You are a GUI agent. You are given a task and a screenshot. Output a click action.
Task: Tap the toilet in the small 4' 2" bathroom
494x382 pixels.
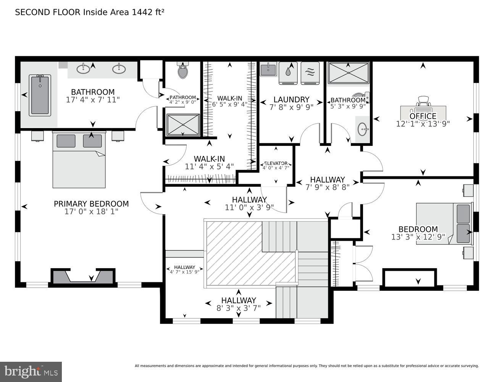coord(183,71)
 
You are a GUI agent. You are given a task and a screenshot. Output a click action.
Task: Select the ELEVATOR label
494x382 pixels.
coord(275,163)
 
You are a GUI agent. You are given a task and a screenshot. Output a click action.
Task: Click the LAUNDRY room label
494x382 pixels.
coord(291,100)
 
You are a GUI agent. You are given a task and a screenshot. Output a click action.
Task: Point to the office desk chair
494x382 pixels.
coord(423,101)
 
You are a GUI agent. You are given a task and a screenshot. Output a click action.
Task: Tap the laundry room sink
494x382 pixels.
coord(268,70)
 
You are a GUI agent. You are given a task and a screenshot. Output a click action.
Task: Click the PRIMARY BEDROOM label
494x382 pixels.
coord(91,204)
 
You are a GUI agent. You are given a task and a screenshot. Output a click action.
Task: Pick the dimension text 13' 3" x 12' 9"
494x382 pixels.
coord(418,237)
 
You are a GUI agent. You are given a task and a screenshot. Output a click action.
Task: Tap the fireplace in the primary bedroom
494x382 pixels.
coord(83,276)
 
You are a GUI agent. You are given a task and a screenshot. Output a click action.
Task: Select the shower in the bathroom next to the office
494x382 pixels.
coord(349,73)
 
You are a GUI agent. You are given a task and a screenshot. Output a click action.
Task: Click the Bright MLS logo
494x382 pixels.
coord(31,371)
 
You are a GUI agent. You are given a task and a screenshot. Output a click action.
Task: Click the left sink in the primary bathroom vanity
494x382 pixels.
coord(84,69)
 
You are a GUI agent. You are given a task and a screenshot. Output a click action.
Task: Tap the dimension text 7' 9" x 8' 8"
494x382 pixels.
coord(327,187)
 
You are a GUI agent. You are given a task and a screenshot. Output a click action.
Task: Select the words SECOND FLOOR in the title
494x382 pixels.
coord(48,12)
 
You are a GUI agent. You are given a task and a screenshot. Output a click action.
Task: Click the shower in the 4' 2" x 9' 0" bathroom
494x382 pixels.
coord(183,125)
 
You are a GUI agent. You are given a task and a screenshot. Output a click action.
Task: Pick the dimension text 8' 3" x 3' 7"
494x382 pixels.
coord(239,308)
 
